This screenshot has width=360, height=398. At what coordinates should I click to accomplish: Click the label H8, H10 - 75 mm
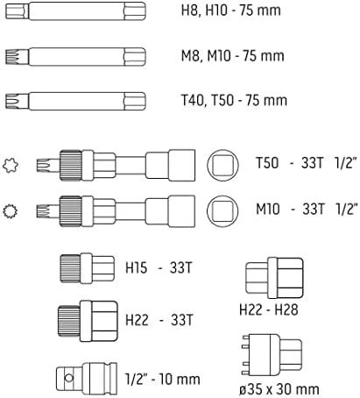(x=230, y=11)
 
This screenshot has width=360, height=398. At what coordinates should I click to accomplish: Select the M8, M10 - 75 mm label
(x=232, y=55)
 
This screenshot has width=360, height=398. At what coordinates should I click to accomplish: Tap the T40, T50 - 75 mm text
(x=234, y=100)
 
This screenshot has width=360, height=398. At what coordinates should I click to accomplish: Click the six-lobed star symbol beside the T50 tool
(x=11, y=166)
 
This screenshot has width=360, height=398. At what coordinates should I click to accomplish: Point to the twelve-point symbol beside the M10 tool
(x=11, y=211)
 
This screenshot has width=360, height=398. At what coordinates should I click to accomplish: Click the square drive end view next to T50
(x=222, y=165)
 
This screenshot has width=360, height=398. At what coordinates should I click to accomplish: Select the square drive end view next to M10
(x=222, y=211)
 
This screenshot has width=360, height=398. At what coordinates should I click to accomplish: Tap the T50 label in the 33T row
(x=267, y=163)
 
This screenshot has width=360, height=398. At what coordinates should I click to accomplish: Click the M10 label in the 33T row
(x=268, y=209)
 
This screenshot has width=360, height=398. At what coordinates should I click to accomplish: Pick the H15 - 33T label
(x=159, y=267)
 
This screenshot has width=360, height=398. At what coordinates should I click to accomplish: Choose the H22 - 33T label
(x=159, y=320)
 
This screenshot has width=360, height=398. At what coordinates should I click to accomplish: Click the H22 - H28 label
(x=269, y=309)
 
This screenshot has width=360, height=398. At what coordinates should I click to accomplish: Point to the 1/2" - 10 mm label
(x=162, y=379)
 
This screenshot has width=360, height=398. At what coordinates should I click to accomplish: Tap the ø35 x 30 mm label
(x=279, y=389)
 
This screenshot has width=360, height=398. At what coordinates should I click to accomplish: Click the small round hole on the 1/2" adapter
(x=68, y=378)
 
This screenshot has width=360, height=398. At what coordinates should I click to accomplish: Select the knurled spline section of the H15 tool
(x=70, y=268)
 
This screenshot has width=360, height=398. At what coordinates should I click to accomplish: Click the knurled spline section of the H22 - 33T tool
(x=69, y=321)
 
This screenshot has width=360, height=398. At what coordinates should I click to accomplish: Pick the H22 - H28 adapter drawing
(x=274, y=278)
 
